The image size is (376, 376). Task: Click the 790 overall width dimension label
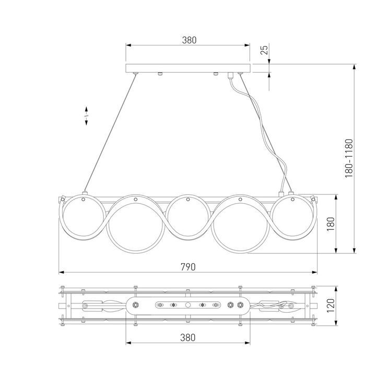188,266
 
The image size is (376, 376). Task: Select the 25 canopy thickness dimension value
264,50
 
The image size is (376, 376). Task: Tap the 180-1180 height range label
349,159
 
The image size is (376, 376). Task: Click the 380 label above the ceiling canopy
189,40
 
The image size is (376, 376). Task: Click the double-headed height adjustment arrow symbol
87,116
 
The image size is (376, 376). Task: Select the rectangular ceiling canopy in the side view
188,68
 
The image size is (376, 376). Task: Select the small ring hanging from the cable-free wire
84,215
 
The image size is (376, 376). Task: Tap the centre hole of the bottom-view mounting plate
188,304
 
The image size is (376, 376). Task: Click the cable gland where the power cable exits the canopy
230,75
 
